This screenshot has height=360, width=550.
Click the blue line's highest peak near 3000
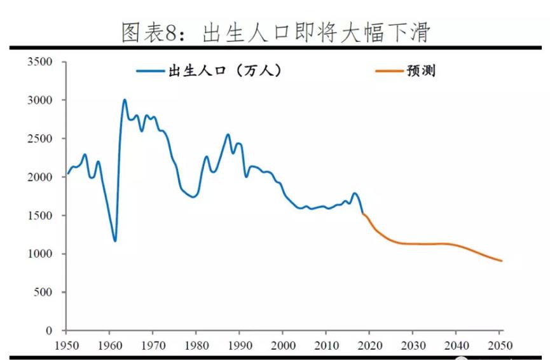click(x=124, y=100)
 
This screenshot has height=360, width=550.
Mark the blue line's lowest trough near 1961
click(x=115, y=241)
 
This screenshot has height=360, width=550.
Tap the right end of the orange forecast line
click(x=501, y=261)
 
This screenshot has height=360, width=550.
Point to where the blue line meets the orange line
click(x=363, y=214)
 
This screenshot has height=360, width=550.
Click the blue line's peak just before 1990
click(x=228, y=135)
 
